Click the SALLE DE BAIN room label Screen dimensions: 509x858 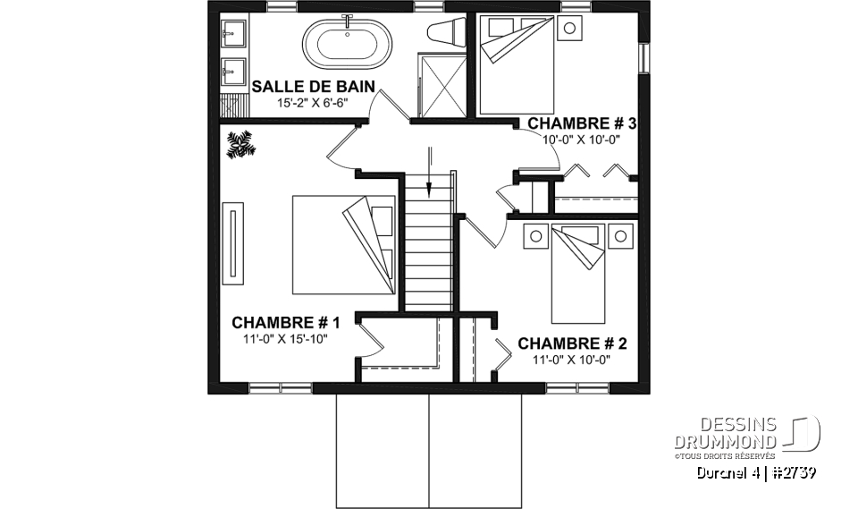point(312,87)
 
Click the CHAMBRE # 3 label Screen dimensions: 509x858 point(582,123)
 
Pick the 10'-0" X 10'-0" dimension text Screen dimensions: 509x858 point(582,140)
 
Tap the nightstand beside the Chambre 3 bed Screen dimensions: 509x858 point(568,28)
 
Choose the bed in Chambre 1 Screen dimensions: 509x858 point(343,244)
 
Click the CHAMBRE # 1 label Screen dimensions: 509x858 point(286,322)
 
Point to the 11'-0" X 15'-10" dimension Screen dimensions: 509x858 point(286,339)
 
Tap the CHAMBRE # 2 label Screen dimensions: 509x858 point(572,344)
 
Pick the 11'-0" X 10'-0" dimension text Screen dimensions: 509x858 point(572,360)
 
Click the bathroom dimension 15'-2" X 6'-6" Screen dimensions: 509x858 point(312,103)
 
